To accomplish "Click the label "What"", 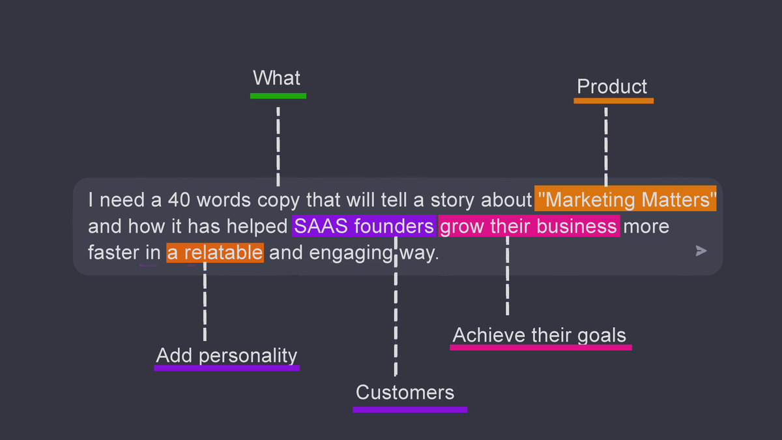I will (277, 78).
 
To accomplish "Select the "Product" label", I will (612, 87).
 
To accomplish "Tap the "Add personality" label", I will (227, 355).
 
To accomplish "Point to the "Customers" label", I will (405, 392).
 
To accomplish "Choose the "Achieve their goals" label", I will (540, 335).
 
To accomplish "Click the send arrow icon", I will (701, 251).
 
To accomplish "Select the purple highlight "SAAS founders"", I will (364, 226).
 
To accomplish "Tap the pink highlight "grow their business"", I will (529, 226).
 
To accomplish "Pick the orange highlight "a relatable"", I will (215, 252).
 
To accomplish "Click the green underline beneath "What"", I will (278, 96).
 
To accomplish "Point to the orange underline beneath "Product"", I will (613, 101).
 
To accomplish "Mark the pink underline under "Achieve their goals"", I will (540, 347).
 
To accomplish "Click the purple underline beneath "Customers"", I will (410, 410).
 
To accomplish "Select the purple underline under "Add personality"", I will (227, 368).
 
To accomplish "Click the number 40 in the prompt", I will (178, 199).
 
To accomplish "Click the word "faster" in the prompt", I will (114, 252).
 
